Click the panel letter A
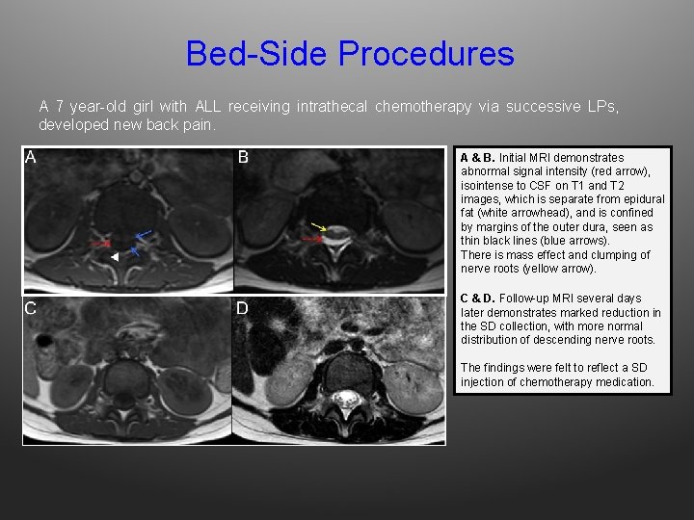[31, 158]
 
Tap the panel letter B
[243, 158]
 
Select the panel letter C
[31, 308]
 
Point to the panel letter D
[243, 308]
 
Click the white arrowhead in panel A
[114, 257]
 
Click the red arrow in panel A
[100, 243]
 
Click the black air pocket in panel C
[43, 341]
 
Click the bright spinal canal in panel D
[343, 396]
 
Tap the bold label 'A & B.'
[477, 158]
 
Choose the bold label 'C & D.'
[478, 299]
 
